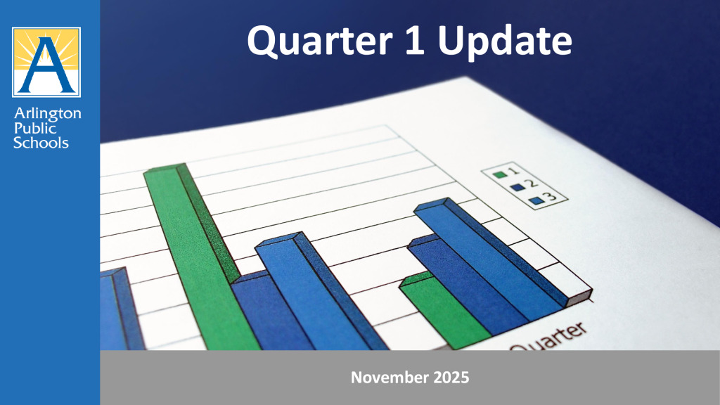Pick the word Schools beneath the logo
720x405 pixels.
[43, 142]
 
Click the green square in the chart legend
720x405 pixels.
[500, 174]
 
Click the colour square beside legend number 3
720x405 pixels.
[536, 200]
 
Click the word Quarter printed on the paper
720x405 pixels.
[548, 339]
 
